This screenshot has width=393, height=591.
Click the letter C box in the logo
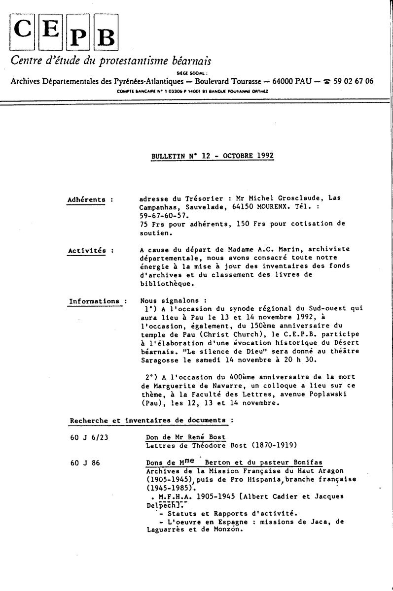pyautogui.click(x=23, y=30)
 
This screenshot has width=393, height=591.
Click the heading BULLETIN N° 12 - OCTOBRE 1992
pyautogui.click(x=213, y=156)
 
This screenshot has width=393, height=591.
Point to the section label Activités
pyautogui.click(x=86, y=250)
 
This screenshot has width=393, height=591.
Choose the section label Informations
pyautogui.click(x=94, y=301)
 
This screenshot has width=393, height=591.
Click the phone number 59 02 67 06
pyautogui.click(x=353, y=81)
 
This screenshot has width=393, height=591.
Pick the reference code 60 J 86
pyautogui.click(x=85, y=462)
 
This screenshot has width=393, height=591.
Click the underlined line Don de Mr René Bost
pyautogui.click(x=185, y=437)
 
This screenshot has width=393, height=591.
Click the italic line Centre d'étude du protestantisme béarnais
pyautogui.click(x=111, y=61)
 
